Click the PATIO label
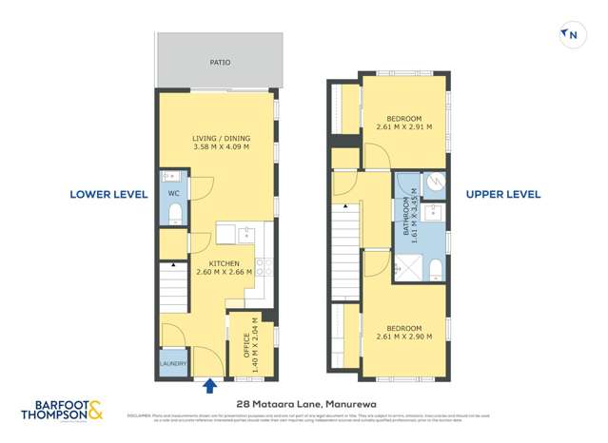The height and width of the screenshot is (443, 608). point(220,63)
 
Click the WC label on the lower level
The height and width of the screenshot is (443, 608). point(173,194)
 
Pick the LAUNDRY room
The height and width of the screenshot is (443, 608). point(173,363)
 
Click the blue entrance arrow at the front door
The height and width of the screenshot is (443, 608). point(209,384)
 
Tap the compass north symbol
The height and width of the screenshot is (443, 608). point(571,35)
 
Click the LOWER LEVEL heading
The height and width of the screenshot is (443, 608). point(108,194)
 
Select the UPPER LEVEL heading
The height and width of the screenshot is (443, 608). point(502,194)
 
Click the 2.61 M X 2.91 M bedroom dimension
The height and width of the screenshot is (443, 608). point(403,125)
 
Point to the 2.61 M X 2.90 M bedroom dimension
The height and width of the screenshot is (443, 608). point(403,337)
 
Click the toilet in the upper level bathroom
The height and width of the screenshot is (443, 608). point(434,267)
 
